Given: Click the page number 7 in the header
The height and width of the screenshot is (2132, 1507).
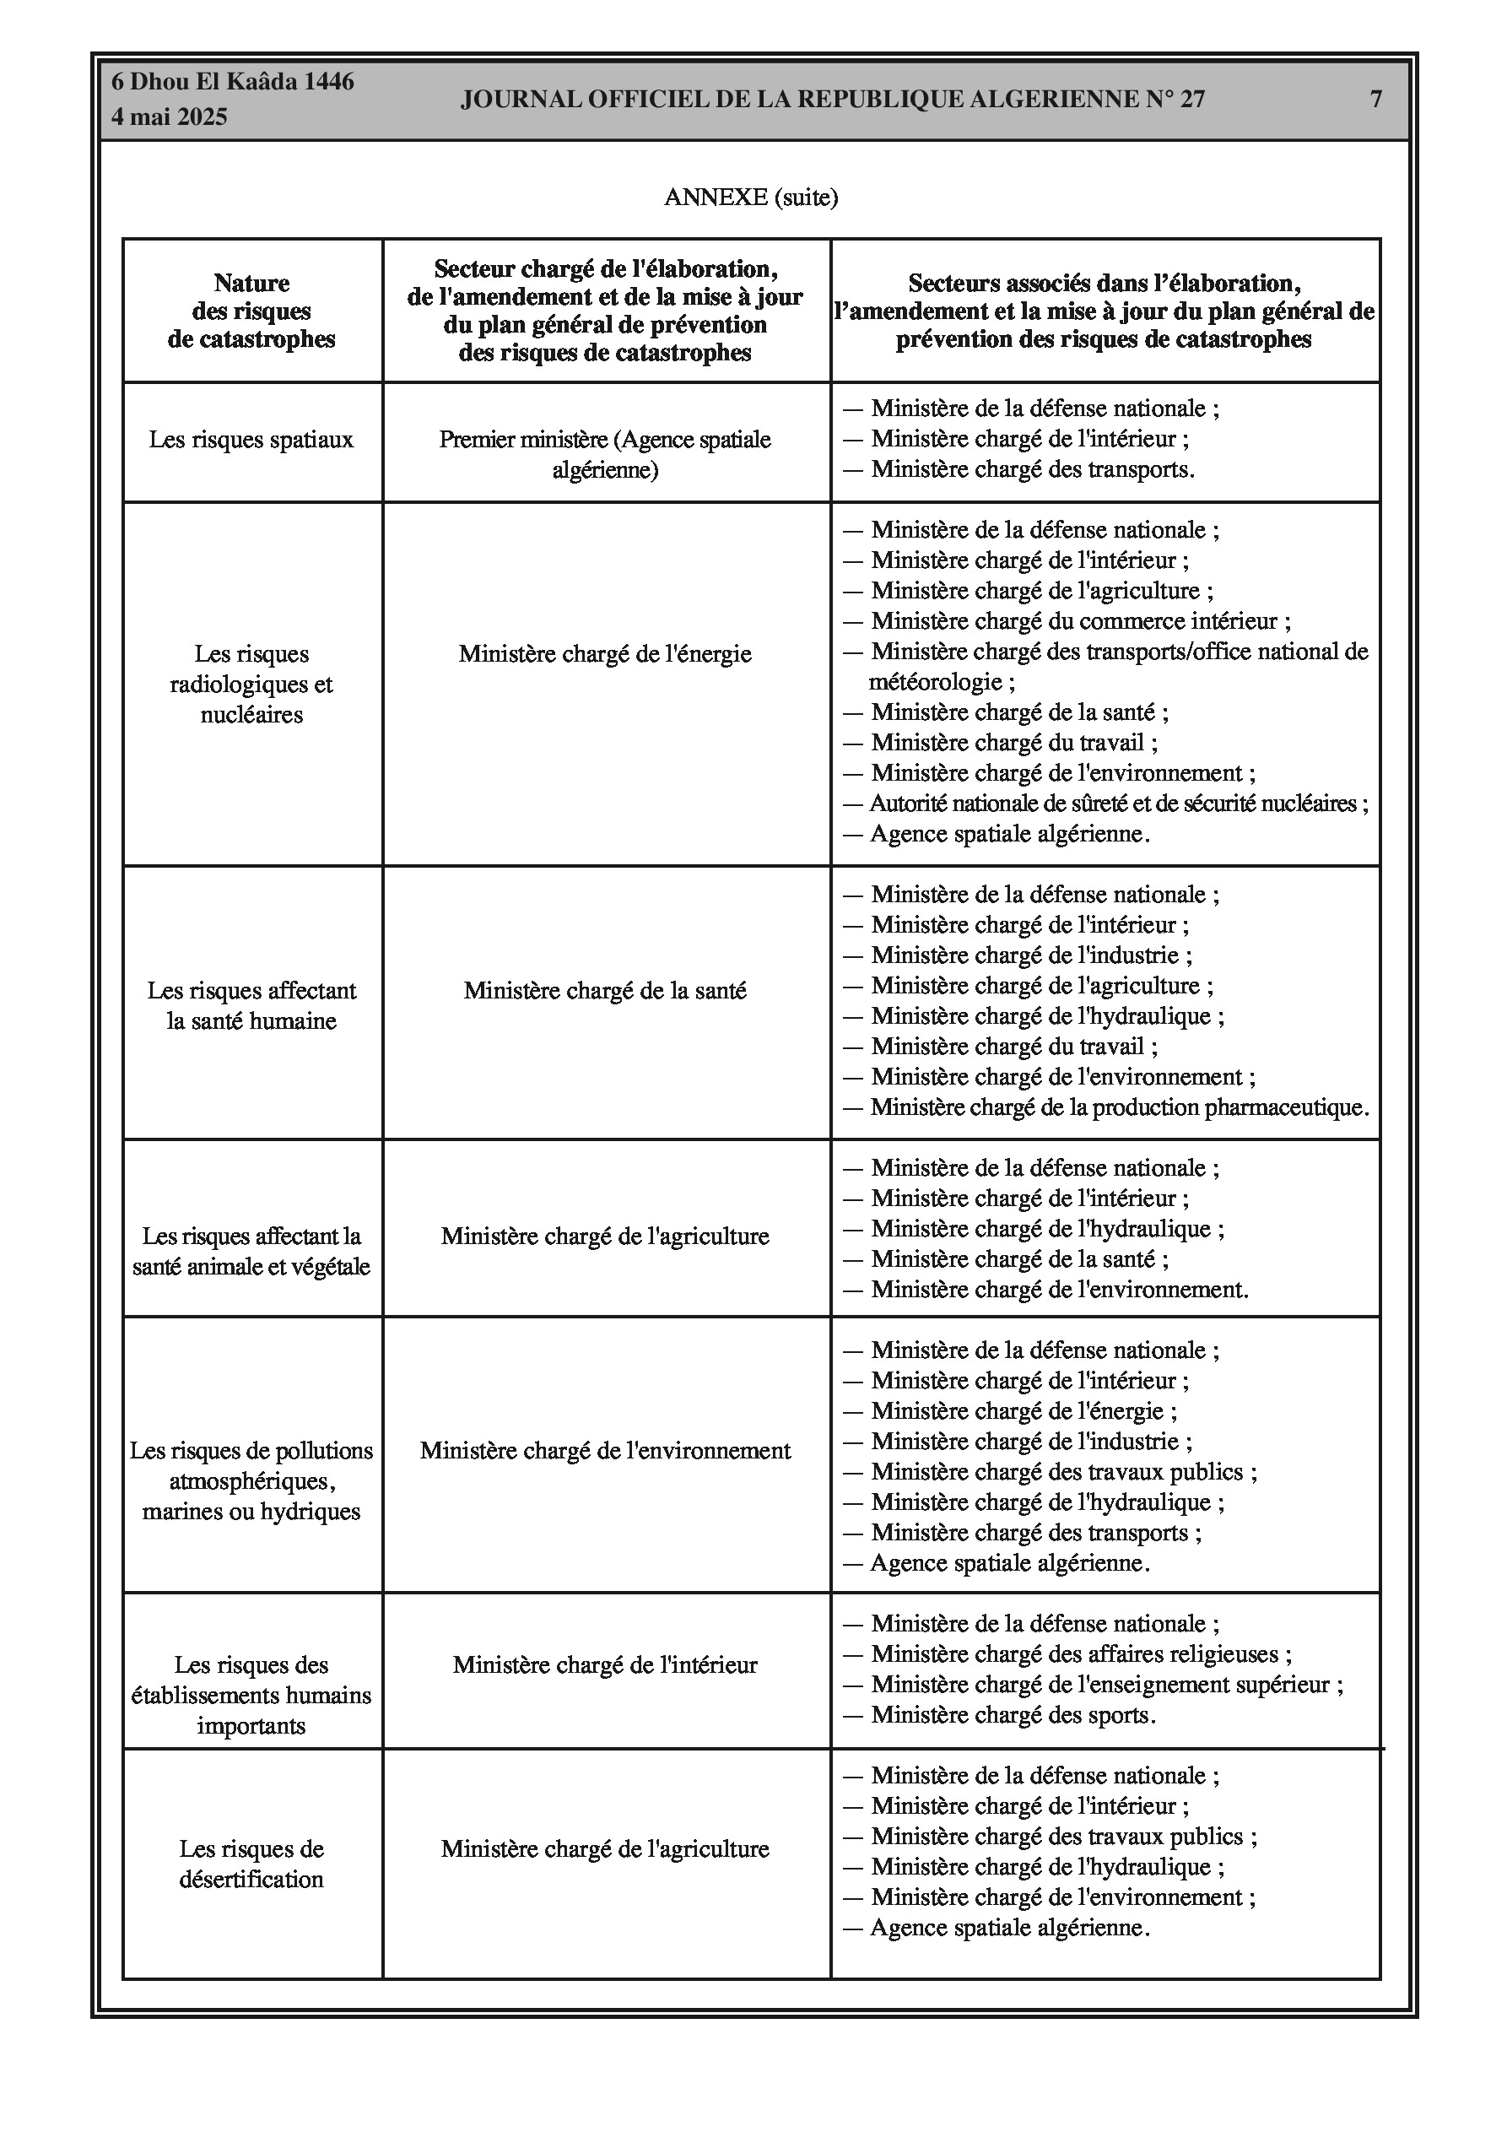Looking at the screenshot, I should pyautogui.click(x=1376, y=100).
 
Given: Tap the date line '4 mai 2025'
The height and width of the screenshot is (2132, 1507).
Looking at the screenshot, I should pyautogui.click(x=169, y=117).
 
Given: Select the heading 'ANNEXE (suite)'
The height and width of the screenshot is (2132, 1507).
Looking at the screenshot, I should pyautogui.click(x=751, y=197).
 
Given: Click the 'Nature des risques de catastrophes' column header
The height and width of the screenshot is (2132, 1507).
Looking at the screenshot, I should pyautogui.click(x=251, y=311).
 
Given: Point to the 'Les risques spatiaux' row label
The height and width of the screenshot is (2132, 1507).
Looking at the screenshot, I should pyautogui.click(x=251, y=439).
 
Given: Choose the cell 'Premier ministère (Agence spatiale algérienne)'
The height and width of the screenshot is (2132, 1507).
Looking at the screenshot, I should pyautogui.click(x=605, y=454).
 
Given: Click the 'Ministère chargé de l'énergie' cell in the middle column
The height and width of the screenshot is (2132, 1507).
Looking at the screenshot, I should pyautogui.click(x=605, y=654).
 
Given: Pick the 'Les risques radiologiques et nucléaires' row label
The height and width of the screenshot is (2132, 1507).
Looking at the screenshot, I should pyautogui.click(x=251, y=685).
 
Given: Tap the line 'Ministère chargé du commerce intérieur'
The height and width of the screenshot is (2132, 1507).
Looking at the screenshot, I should pyautogui.click(x=1080, y=620).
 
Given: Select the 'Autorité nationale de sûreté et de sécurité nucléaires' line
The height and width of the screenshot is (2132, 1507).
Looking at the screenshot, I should pyautogui.click(x=1118, y=804).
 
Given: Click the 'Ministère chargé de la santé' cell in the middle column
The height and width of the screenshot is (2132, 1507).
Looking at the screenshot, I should pyautogui.click(x=605, y=991).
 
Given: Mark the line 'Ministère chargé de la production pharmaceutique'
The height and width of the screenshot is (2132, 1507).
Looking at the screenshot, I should pyautogui.click(x=1119, y=1107).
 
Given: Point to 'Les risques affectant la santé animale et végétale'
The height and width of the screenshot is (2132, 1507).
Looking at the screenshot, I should pyautogui.click(x=251, y=1251).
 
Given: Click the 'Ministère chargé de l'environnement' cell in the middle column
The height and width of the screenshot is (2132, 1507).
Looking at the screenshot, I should pyautogui.click(x=605, y=1450).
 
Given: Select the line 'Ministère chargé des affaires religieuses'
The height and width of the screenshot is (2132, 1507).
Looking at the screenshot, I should pyautogui.click(x=1081, y=1653).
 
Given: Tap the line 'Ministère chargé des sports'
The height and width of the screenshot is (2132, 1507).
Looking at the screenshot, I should pyautogui.click(x=1013, y=1714).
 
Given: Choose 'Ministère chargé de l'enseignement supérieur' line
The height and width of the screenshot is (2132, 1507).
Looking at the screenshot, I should pyautogui.click(x=1106, y=1685).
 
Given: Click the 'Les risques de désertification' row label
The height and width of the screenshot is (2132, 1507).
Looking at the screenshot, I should pyautogui.click(x=251, y=1864).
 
